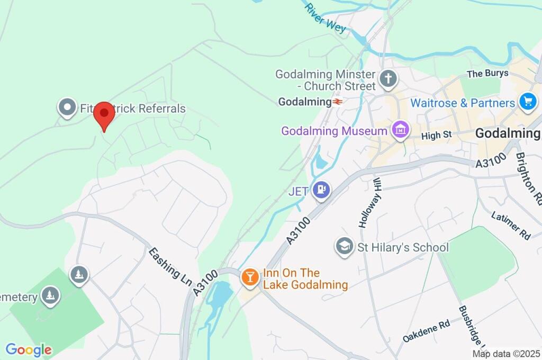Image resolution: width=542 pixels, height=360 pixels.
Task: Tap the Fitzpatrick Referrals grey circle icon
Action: (67, 108)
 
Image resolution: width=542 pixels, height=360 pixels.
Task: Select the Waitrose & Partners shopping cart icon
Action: (527, 102)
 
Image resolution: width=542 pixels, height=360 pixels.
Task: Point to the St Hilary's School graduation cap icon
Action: (345, 247)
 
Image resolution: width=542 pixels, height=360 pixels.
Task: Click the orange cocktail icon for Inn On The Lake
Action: (249, 277)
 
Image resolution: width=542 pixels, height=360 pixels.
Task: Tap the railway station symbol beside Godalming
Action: (337, 101)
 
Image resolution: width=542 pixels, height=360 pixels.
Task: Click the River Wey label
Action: (326, 19)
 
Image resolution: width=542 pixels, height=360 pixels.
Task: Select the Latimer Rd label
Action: (510, 226)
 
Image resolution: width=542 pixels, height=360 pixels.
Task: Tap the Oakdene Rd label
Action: (426, 330)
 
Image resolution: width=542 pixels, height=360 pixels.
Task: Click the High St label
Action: (436, 136)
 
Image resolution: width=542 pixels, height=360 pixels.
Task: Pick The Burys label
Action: (487, 74)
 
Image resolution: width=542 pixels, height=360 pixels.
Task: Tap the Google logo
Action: (29, 349)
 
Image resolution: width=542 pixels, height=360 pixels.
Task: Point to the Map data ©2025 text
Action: (507, 354)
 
